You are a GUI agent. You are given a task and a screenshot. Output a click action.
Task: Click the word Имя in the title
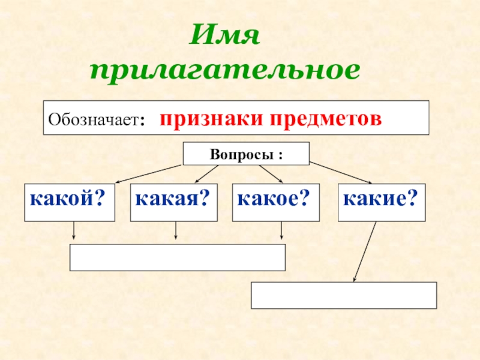coord(224,39)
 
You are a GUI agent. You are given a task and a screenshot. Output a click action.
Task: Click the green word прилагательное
coord(225,70)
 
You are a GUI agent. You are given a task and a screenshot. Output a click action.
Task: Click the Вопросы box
coord(246,154)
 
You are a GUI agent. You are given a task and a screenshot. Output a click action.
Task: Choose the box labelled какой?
coord(64,203)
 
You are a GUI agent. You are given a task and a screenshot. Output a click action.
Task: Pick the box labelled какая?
coord(173,203)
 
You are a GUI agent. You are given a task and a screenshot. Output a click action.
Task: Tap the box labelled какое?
coord(275,203)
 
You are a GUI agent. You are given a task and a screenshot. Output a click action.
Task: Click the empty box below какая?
coord(178,257)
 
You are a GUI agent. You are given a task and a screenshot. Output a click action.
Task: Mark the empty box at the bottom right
coord(343,295)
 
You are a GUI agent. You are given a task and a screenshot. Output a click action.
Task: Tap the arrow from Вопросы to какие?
coord(341,173)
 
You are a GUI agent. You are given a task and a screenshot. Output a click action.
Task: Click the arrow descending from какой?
coord(73,232)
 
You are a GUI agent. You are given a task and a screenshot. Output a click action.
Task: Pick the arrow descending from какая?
coord(176,232)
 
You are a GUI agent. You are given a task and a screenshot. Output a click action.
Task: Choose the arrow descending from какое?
coord(281,232)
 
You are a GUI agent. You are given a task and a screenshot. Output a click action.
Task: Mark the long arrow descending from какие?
coord(365,251)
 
